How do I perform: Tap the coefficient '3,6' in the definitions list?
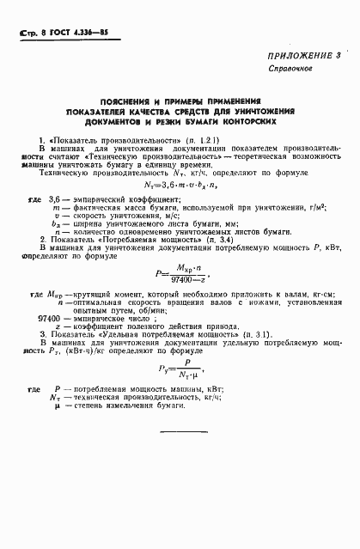[58, 199]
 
